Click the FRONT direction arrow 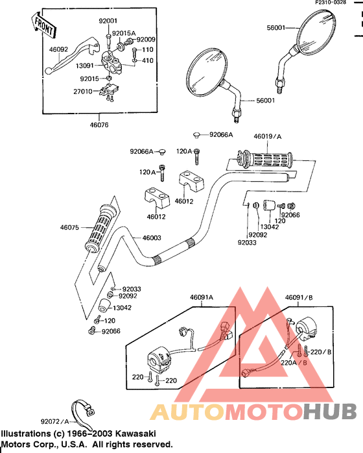(x=43, y=25)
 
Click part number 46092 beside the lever (x=58, y=49)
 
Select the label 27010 (x=83, y=92)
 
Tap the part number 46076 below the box (x=99, y=125)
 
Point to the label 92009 (x=146, y=40)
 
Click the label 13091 (x=85, y=66)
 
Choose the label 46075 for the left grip (x=69, y=227)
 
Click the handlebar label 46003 (x=152, y=238)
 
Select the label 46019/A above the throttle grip (x=268, y=136)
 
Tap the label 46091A (x=202, y=297)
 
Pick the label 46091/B (x=299, y=297)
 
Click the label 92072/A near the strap (x=55, y=421)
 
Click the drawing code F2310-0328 (x=331, y=3)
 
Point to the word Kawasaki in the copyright (x=135, y=434)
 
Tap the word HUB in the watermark (x=330, y=411)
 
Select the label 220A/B (x=294, y=362)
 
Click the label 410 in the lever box (x=147, y=60)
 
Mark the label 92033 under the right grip (x=247, y=242)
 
